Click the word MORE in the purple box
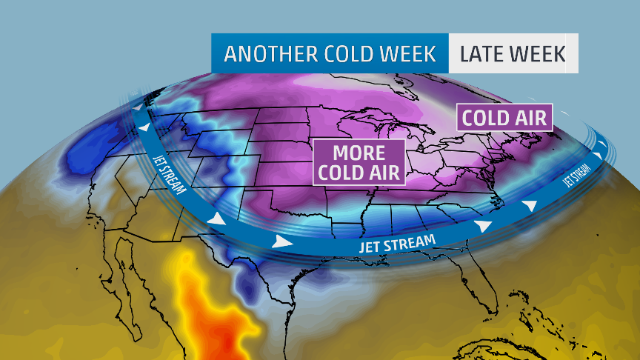(359, 153)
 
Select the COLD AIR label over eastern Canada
(504, 118)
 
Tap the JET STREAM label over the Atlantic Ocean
(579, 173)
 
